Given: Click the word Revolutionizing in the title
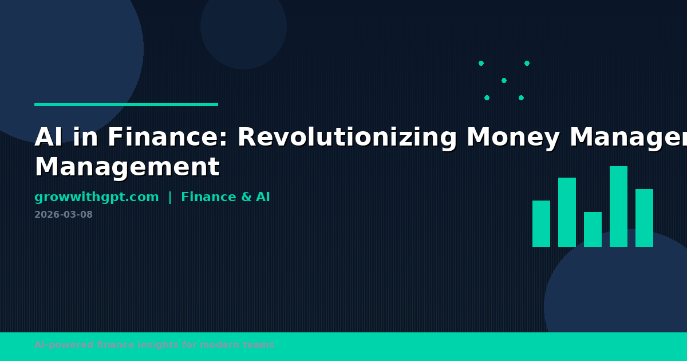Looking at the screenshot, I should (348, 138).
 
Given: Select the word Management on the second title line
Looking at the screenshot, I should (127, 167).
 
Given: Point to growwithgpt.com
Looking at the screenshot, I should (96, 197).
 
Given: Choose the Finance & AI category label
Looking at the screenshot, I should (225, 197).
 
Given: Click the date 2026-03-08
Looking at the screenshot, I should (63, 215).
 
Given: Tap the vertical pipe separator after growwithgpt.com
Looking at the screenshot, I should (169, 197).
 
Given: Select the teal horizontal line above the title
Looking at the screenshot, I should (126, 104).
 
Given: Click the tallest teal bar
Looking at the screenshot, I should (618, 206).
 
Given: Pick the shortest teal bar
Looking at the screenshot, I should (593, 229).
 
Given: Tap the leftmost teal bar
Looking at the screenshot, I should (541, 223).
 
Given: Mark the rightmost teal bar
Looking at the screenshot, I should (644, 218).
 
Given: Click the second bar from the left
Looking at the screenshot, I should (567, 212).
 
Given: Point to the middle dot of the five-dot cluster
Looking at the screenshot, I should (504, 80).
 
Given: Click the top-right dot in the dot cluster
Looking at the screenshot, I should (527, 63).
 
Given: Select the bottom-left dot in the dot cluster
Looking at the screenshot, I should (487, 97).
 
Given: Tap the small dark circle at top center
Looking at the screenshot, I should (243, 26).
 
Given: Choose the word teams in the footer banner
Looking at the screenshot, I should (260, 345).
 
